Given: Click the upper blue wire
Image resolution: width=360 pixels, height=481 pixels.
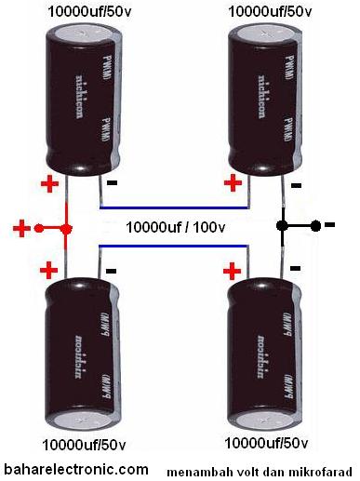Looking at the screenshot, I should [x=175, y=207].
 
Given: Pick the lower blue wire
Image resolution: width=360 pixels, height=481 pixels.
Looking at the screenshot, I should [x=175, y=247].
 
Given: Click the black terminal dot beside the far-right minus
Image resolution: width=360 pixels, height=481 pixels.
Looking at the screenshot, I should [x=315, y=225].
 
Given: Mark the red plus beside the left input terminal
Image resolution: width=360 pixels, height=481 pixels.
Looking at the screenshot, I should [x=21, y=227].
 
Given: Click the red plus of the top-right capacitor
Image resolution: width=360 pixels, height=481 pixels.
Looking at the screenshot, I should [x=230, y=183].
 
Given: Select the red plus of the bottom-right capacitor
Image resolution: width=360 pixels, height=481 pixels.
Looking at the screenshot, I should [x=231, y=271].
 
